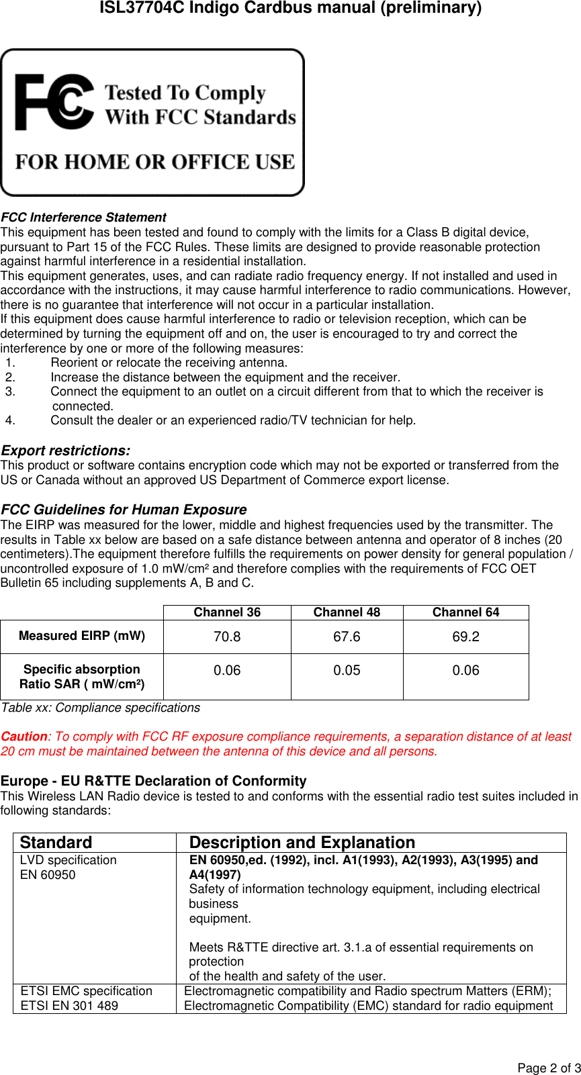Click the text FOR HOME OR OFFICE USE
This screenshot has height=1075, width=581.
click(155, 162)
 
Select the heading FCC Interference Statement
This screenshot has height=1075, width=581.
click(83, 218)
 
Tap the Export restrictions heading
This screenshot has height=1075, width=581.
click(66, 451)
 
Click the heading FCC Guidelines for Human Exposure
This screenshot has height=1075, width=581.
click(124, 510)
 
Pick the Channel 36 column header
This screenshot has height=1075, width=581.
click(227, 612)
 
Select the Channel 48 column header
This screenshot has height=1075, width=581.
click(347, 612)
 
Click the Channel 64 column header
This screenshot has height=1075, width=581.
click(465, 612)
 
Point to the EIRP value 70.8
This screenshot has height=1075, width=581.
click(227, 637)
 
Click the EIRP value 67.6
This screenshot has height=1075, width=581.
click(347, 637)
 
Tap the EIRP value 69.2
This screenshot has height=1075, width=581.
click(465, 637)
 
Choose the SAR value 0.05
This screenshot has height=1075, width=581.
click(347, 670)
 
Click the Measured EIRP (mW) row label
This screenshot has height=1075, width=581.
click(82, 636)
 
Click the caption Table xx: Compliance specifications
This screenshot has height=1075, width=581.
click(101, 708)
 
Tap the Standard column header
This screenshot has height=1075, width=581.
click(56, 843)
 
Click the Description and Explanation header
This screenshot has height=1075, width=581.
click(302, 843)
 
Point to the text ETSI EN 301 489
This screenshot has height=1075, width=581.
click(69, 1006)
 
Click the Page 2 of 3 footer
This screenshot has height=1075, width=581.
click(549, 1068)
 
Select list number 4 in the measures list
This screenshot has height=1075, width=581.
click(10, 420)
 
